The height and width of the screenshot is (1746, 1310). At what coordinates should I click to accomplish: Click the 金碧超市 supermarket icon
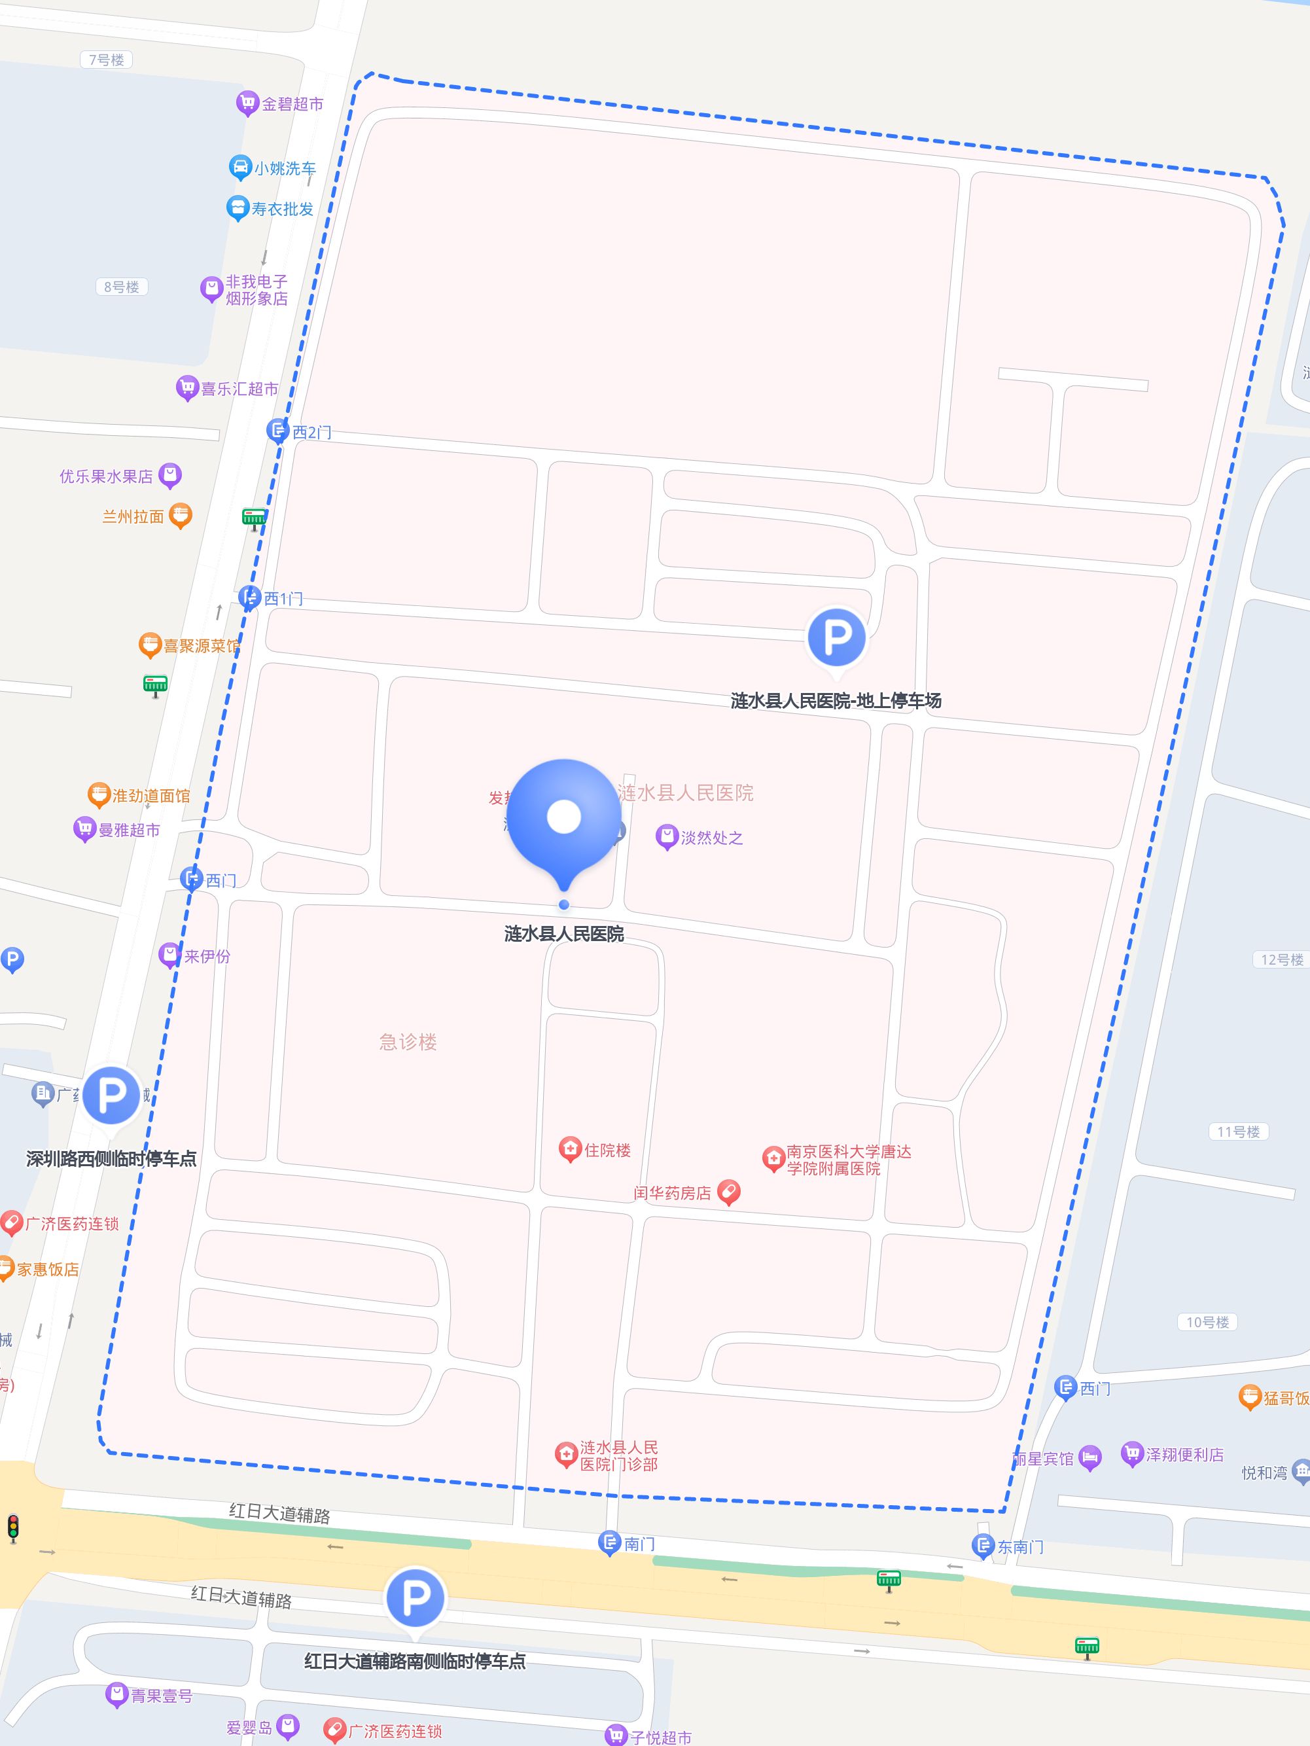coord(247,103)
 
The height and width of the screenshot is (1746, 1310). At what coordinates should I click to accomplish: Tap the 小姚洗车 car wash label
coord(284,168)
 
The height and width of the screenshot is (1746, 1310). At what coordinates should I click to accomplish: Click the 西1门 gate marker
coord(249,597)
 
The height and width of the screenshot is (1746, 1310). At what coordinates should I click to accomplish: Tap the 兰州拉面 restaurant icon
coord(180,516)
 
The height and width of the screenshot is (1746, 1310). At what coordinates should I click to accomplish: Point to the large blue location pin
coord(563,821)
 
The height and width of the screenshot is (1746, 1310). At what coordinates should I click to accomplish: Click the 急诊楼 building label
coord(407,1042)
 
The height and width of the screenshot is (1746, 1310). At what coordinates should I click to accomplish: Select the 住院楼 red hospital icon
coord(570,1149)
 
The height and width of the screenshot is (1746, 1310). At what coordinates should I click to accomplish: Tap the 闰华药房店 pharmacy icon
coord(728,1192)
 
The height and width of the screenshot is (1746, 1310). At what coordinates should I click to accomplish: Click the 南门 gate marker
coord(609,1542)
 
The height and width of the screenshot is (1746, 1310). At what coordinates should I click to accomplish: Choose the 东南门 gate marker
coord(983,1544)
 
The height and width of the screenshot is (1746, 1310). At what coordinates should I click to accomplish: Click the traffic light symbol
coord(12,1528)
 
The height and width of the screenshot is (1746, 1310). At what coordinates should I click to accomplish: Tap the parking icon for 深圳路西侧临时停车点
coord(111,1095)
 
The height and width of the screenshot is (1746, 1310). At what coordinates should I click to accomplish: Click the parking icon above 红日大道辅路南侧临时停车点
coord(415,1597)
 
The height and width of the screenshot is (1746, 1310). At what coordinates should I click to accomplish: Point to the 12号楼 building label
coord(1282,959)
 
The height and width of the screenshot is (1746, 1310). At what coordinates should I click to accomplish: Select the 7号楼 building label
coord(107,59)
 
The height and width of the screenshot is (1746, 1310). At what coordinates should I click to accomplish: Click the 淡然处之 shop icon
coord(667,837)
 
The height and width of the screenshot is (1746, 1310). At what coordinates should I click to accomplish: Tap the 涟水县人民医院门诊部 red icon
coord(566,1455)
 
